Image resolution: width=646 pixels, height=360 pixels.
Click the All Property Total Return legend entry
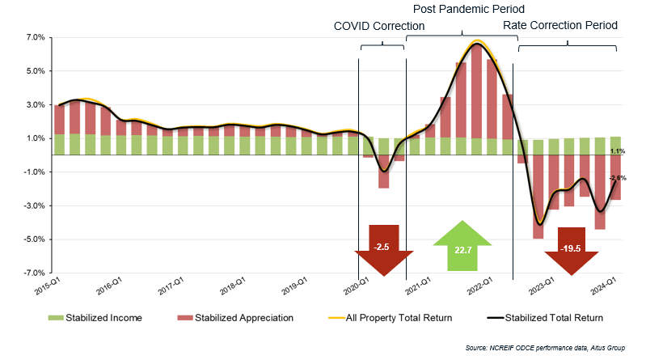[388, 317]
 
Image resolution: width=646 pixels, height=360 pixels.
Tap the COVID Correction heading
[379, 26]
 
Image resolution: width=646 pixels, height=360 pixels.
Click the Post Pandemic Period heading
[469, 9]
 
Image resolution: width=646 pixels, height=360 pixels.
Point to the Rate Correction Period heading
[560, 26]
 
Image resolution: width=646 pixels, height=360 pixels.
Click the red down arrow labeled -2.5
[382, 249]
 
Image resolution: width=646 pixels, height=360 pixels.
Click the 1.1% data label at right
[617, 151]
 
